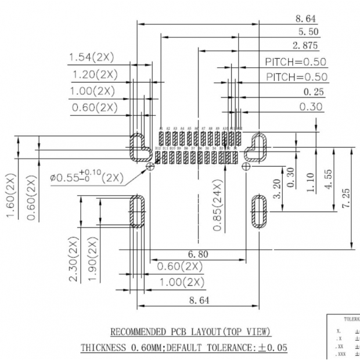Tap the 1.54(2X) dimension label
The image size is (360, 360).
[x=92, y=57]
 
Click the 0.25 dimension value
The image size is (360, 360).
[x=314, y=92]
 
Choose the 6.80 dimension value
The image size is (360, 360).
[x=199, y=254]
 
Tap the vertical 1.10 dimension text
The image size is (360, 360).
[x=311, y=183]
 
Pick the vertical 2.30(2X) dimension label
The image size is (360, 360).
[x=74, y=260]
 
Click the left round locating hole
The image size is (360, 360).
[x=150, y=167]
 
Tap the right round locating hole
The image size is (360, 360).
[x=246, y=167]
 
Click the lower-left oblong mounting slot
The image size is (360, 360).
[x=139, y=211]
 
